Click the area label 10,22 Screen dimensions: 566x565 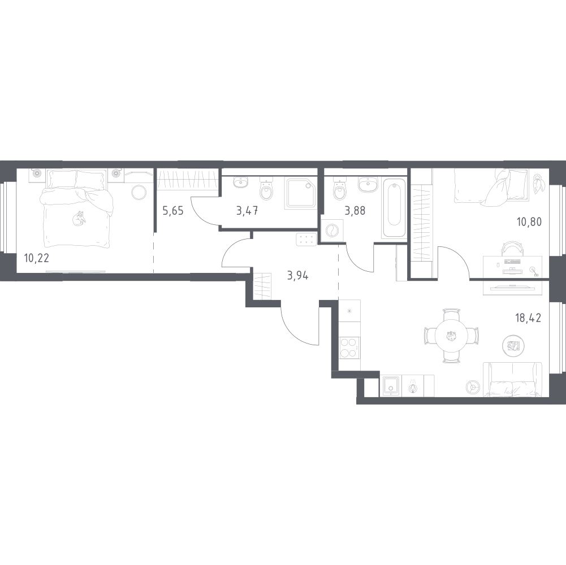click(x=36, y=258)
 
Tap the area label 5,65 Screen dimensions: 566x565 click(x=173, y=211)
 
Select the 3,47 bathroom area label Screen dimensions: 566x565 click(x=247, y=211)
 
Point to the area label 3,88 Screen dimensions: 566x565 click(x=355, y=211)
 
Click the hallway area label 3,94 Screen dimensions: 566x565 click(x=298, y=276)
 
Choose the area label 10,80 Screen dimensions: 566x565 click(x=530, y=222)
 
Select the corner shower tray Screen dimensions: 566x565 click(x=301, y=193)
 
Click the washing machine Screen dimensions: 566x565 click(x=332, y=230)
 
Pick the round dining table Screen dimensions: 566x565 click(x=451, y=336)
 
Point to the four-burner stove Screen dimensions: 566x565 click(x=349, y=349)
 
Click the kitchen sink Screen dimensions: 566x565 click(x=390, y=386)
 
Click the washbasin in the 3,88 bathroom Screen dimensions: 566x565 click(x=368, y=185)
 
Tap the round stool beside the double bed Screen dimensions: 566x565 click(x=139, y=192)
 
